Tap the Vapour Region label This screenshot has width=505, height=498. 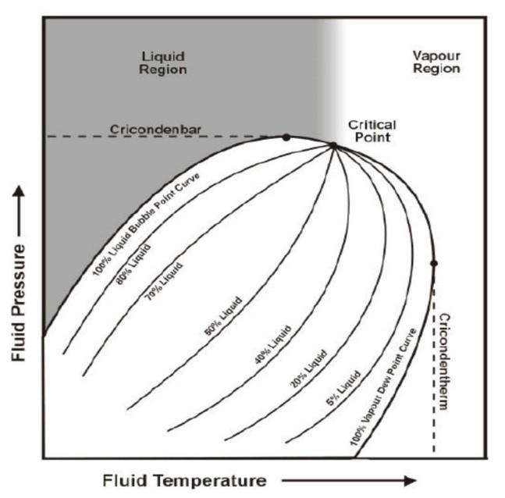[x=436, y=62]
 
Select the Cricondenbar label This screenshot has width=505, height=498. [x=146, y=129]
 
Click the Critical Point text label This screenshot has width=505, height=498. [x=372, y=131]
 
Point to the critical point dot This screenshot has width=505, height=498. [x=333, y=145]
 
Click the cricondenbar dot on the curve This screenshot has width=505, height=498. [x=286, y=137]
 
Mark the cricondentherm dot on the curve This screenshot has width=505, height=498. [x=434, y=263]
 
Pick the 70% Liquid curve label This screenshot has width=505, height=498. [x=163, y=283]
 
